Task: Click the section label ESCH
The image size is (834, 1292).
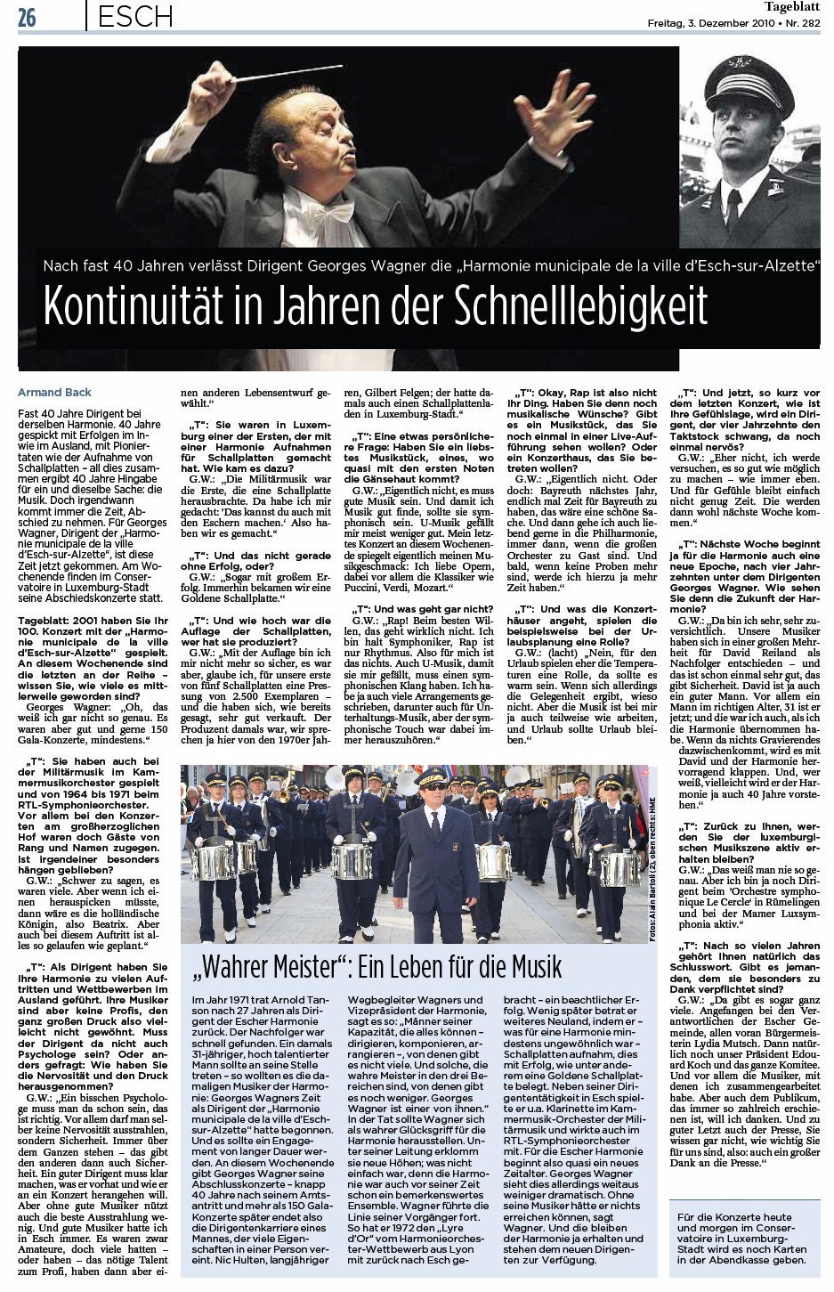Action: pyautogui.click(x=135, y=16)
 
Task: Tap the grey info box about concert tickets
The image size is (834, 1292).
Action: pyautogui.click(x=741, y=1238)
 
